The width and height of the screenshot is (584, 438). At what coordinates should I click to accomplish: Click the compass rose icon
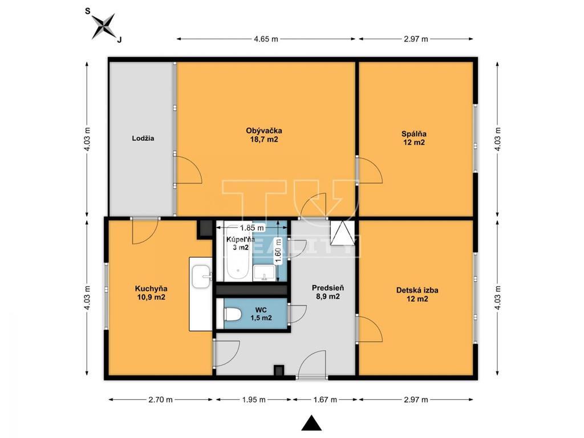(x=104, y=26)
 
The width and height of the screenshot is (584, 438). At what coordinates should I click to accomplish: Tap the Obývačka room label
(x=263, y=131)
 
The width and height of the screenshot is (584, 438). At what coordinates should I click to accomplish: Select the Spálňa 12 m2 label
(x=414, y=138)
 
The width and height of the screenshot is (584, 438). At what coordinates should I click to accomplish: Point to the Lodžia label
(x=143, y=138)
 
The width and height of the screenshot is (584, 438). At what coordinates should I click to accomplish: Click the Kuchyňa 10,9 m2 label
(x=151, y=293)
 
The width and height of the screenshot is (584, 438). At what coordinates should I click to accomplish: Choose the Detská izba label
(x=417, y=290)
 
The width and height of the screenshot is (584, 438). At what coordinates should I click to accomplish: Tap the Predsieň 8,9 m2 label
(x=328, y=292)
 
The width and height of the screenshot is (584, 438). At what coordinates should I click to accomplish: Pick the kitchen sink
(x=201, y=277)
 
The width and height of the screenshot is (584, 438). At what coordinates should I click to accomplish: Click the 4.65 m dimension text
(x=266, y=39)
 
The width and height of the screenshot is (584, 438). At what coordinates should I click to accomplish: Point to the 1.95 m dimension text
(x=254, y=400)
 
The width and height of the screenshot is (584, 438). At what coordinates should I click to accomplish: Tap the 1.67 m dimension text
(x=325, y=400)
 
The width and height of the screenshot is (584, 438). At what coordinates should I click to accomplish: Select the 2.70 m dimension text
(x=160, y=400)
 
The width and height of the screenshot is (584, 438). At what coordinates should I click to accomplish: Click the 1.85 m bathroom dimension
(x=252, y=227)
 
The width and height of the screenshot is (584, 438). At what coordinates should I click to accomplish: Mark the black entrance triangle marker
(x=311, y=423)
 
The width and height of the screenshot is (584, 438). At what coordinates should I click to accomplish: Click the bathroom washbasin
(x=264, y=273)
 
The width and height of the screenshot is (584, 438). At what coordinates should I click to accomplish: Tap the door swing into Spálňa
(x=370, y=171)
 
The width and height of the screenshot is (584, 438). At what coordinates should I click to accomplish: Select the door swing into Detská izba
(x=370, y=328)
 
